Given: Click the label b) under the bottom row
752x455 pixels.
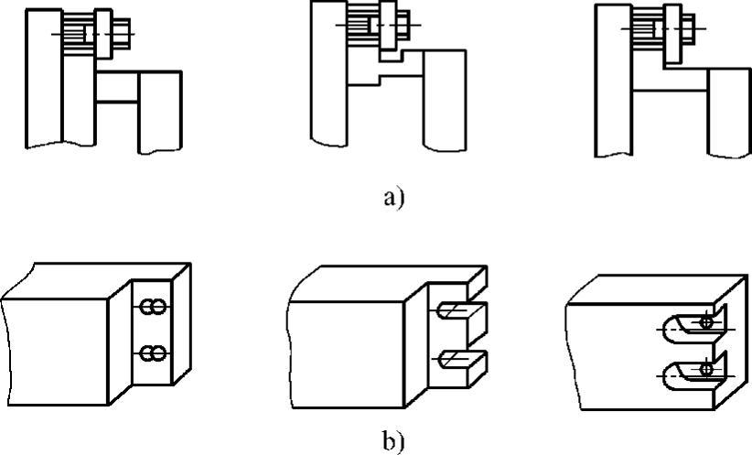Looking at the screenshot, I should pyautogui.click(x=392, y=440).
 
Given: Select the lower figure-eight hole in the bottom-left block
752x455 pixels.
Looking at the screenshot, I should pyautogui.click(x=152, y=352).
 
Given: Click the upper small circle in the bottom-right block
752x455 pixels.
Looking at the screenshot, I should pyautogui.click(x=705, y=323).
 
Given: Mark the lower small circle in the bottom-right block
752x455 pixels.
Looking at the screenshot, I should pyautogui.click(x=705, y=369).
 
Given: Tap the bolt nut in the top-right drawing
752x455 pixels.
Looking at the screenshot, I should pyautogui.click(x=685, y=30).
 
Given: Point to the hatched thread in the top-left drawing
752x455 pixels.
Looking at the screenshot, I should pyautogui.click(x=75, y=32).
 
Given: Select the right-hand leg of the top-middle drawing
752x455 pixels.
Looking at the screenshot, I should pyautogui.click(x=446, y=99).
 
